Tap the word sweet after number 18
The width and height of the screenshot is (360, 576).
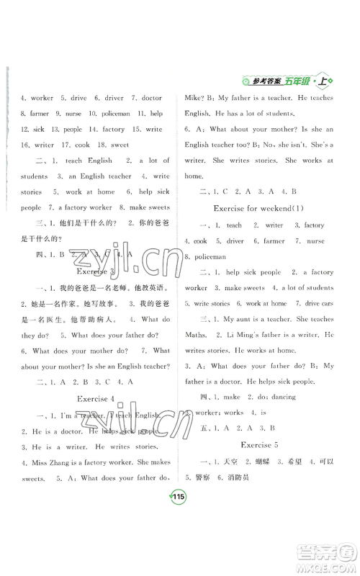click(119, 144)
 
